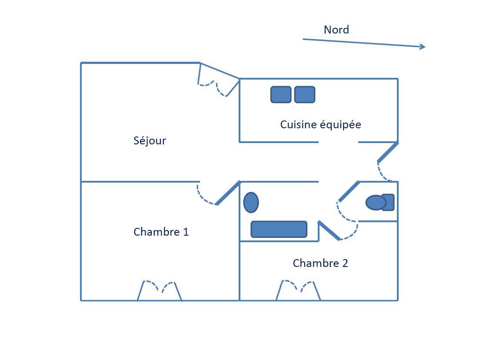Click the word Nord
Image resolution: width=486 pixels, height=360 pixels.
tap(336, 30)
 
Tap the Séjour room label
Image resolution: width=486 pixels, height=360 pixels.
tap(150, 141)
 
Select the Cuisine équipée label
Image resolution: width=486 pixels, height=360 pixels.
tap(320, 125)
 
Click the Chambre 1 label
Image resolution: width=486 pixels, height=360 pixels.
tap(161, 232)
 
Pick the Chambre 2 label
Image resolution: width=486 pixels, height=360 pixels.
tap(320, 263)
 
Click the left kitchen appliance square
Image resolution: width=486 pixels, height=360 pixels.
tap(281, 94)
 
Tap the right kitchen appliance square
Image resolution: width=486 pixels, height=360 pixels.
tap(305, 94)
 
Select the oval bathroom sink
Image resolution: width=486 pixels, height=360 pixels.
tap(251, 203)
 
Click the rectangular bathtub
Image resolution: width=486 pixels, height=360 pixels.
tap(279, 229)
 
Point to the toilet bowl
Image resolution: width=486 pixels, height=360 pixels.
tap(376, 203)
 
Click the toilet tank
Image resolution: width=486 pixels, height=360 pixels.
tap(389, 202)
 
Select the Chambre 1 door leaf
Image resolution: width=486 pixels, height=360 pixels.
tap(228, 193)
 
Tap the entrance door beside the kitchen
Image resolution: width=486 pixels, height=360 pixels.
tap(387, 152)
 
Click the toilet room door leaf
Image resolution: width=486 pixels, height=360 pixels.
tap(349, 191)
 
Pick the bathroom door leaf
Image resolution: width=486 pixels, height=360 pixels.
tap(329, 230)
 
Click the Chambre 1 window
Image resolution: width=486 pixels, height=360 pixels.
tap(159, 290)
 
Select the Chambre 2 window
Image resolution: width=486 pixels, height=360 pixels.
tap(298, 290)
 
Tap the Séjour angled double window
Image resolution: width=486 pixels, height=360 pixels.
tap(218, 80)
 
